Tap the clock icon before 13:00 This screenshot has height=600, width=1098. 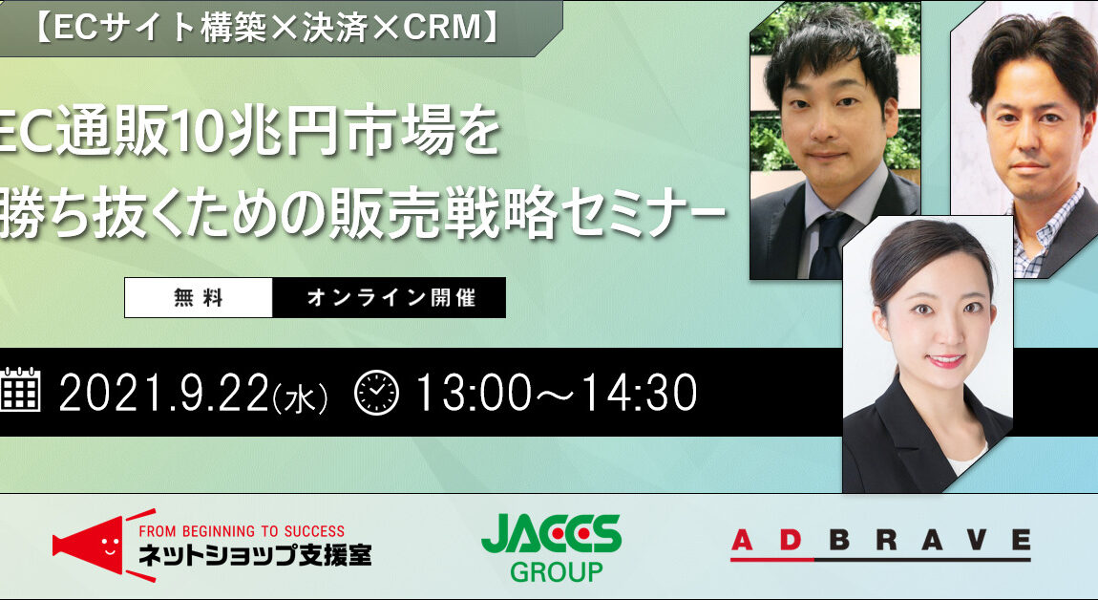377,392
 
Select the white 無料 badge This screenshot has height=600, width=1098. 199,298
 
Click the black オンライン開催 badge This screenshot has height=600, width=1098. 390,298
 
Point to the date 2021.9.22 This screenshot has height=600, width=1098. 164,393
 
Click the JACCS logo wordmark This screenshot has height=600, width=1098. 551,535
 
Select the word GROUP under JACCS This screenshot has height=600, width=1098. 556,572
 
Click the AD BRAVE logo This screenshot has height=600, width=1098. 881,545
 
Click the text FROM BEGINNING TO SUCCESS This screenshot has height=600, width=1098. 242,531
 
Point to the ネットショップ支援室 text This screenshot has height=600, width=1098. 255,555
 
